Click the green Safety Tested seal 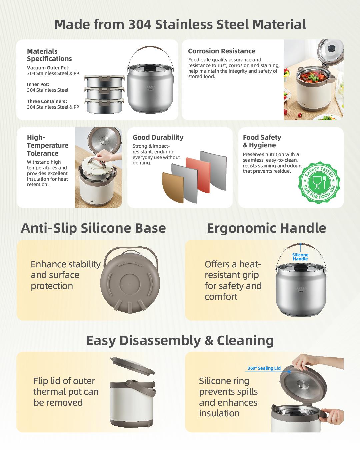point(319,183)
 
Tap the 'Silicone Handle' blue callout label point(300,257)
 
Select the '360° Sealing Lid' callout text point(264,368)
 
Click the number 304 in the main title point(140,24)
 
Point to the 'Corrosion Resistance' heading point(222,51)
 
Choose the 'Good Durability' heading point(158,137)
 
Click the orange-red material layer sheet point(198,175)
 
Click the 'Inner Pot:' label point(38,84)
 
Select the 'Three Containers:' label point(47,101)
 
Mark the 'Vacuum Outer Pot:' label point(48,68)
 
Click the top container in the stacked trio point(104,81)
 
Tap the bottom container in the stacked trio point(104,106)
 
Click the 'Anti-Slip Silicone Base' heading point(93,228)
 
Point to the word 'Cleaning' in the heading point(245,341)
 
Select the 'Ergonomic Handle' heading point(266,228)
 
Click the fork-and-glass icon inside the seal point(319,183)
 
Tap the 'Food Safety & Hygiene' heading point(262,141)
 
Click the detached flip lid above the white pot point(133,366)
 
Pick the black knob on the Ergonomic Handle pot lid point(300,267)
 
